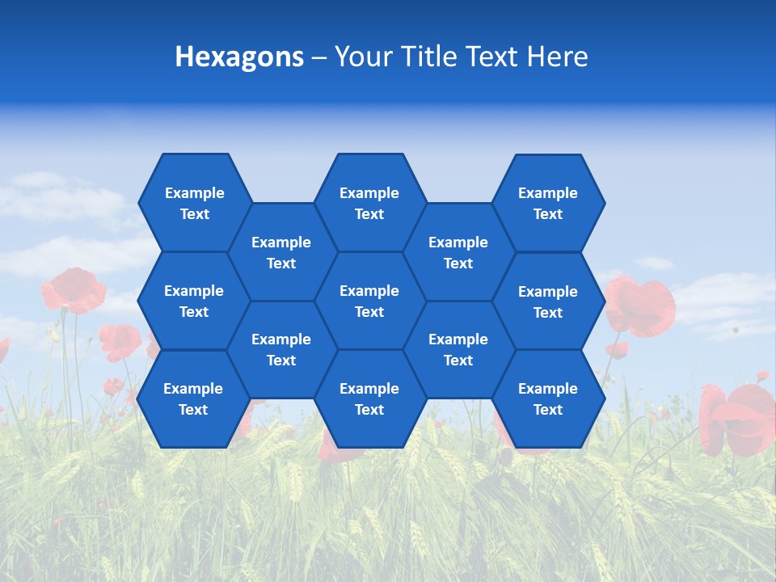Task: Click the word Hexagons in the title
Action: point(239,57)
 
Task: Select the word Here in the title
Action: point(557,57)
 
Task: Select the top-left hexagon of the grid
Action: point(194,203)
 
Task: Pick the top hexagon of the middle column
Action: point(369,203)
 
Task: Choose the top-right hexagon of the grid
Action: point(548,203)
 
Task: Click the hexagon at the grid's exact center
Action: point(369,301)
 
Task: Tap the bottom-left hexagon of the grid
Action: point(193,399)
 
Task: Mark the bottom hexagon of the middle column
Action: point(369,399)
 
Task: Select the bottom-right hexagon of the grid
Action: point(548,399)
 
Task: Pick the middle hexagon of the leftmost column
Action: point(193,301)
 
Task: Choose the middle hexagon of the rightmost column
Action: point(548,302)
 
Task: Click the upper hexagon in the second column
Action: point(281,252)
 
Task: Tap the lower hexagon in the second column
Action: point(281,349)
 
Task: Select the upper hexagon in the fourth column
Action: point(458,252)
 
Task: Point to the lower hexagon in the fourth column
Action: point(458,349)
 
